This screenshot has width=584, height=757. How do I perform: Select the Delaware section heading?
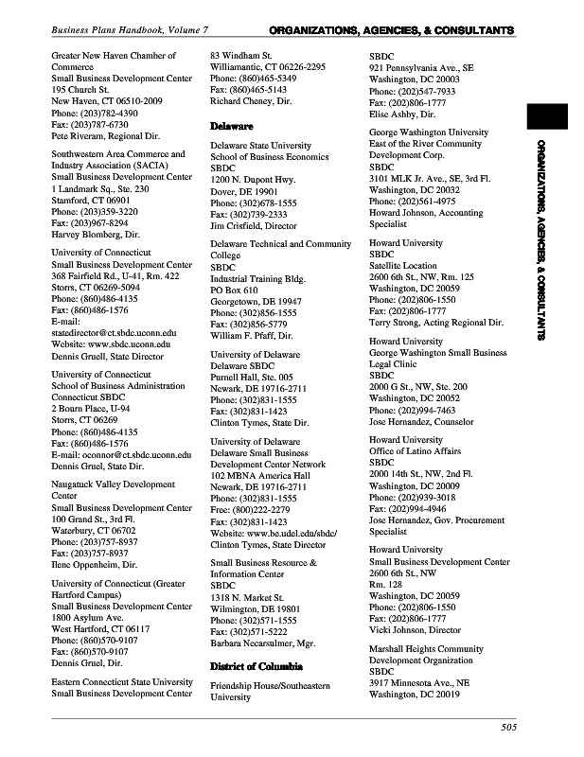tap(231, 126)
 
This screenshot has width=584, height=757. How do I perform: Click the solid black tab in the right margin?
tap(547, 115)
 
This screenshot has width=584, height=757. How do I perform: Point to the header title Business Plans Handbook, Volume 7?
tap(130, 31)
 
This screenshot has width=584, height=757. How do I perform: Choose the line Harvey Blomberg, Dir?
tap(95, 234)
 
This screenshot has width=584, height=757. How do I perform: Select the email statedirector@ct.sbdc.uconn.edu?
tap(114, 333)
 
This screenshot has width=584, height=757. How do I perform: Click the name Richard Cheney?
tap(242, 100)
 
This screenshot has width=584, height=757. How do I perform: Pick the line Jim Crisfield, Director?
tap(253, 226)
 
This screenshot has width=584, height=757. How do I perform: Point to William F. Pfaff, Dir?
tap(251, 336)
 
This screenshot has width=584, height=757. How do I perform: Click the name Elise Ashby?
tap(392, 114)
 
